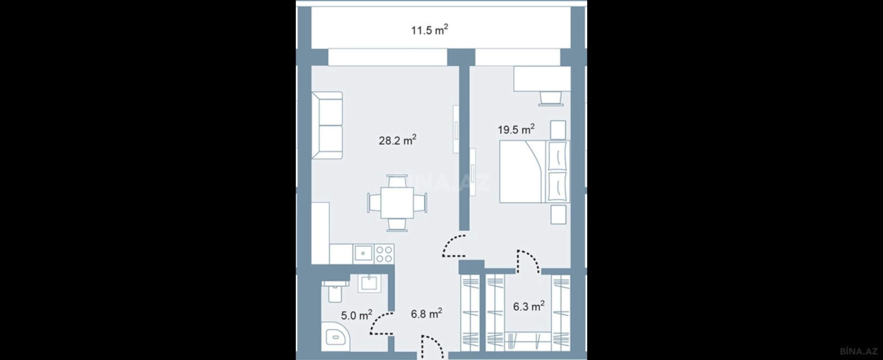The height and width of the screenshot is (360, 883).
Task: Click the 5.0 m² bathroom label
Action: pos(356,315)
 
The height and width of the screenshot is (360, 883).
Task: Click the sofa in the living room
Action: pos(327,126)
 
